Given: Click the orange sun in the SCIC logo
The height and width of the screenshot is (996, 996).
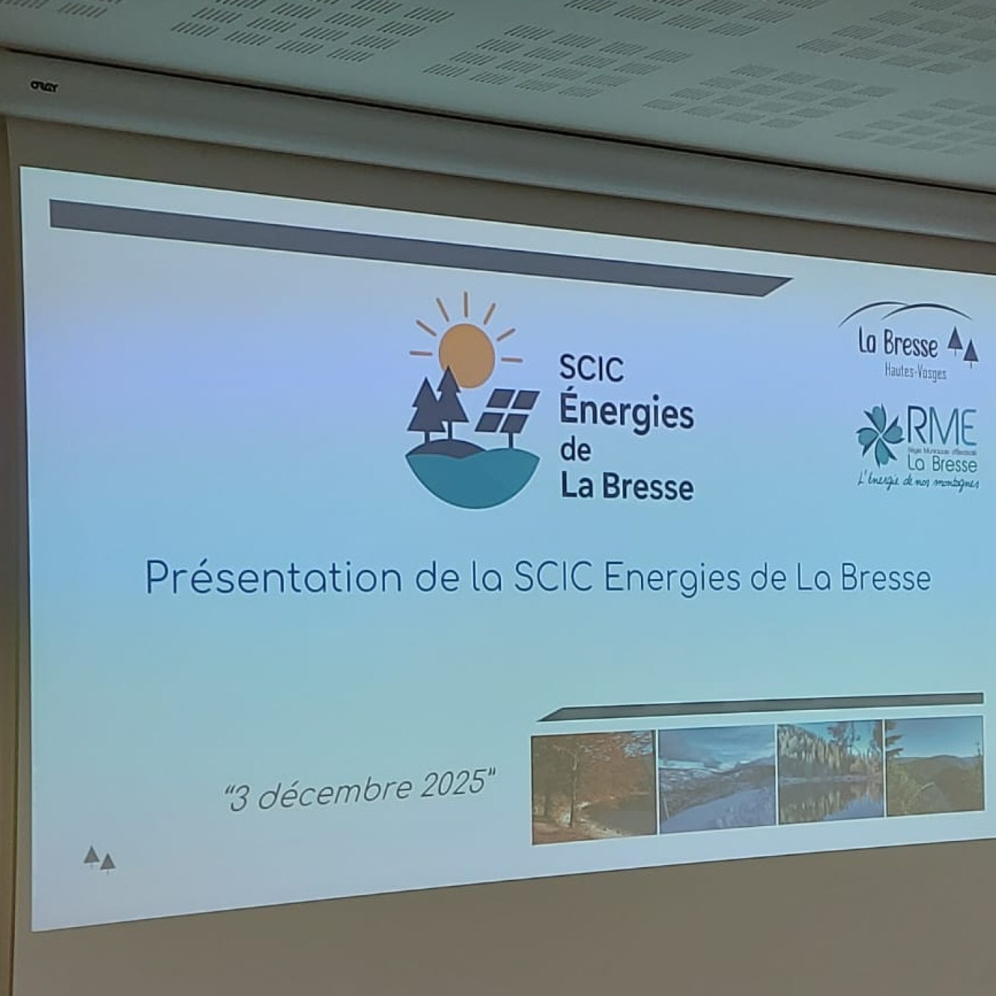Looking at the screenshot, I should tap(466, 354).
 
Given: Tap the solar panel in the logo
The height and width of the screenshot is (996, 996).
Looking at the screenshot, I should tap(506, 411).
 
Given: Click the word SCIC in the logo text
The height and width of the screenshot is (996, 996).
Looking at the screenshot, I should tap(591, 369).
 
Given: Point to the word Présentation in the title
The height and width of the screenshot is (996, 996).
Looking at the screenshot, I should tap(274, 578).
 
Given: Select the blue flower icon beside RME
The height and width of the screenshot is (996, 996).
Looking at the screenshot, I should tap(879, 434).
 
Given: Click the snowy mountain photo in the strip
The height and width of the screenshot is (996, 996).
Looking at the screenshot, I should tap(716, 779).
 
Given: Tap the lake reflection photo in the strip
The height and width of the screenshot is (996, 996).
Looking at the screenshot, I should tap(830, 773).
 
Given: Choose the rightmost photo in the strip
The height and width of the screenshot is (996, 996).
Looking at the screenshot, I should tap(934, 766).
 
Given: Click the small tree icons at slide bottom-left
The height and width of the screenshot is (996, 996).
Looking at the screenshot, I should tap(99, 859).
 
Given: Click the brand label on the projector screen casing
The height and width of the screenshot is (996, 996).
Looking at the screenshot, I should tap(43, 87).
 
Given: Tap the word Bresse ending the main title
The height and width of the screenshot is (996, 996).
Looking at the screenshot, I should tap(885, 578).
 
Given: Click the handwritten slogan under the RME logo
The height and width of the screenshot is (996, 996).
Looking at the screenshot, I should tap(918, 482).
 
